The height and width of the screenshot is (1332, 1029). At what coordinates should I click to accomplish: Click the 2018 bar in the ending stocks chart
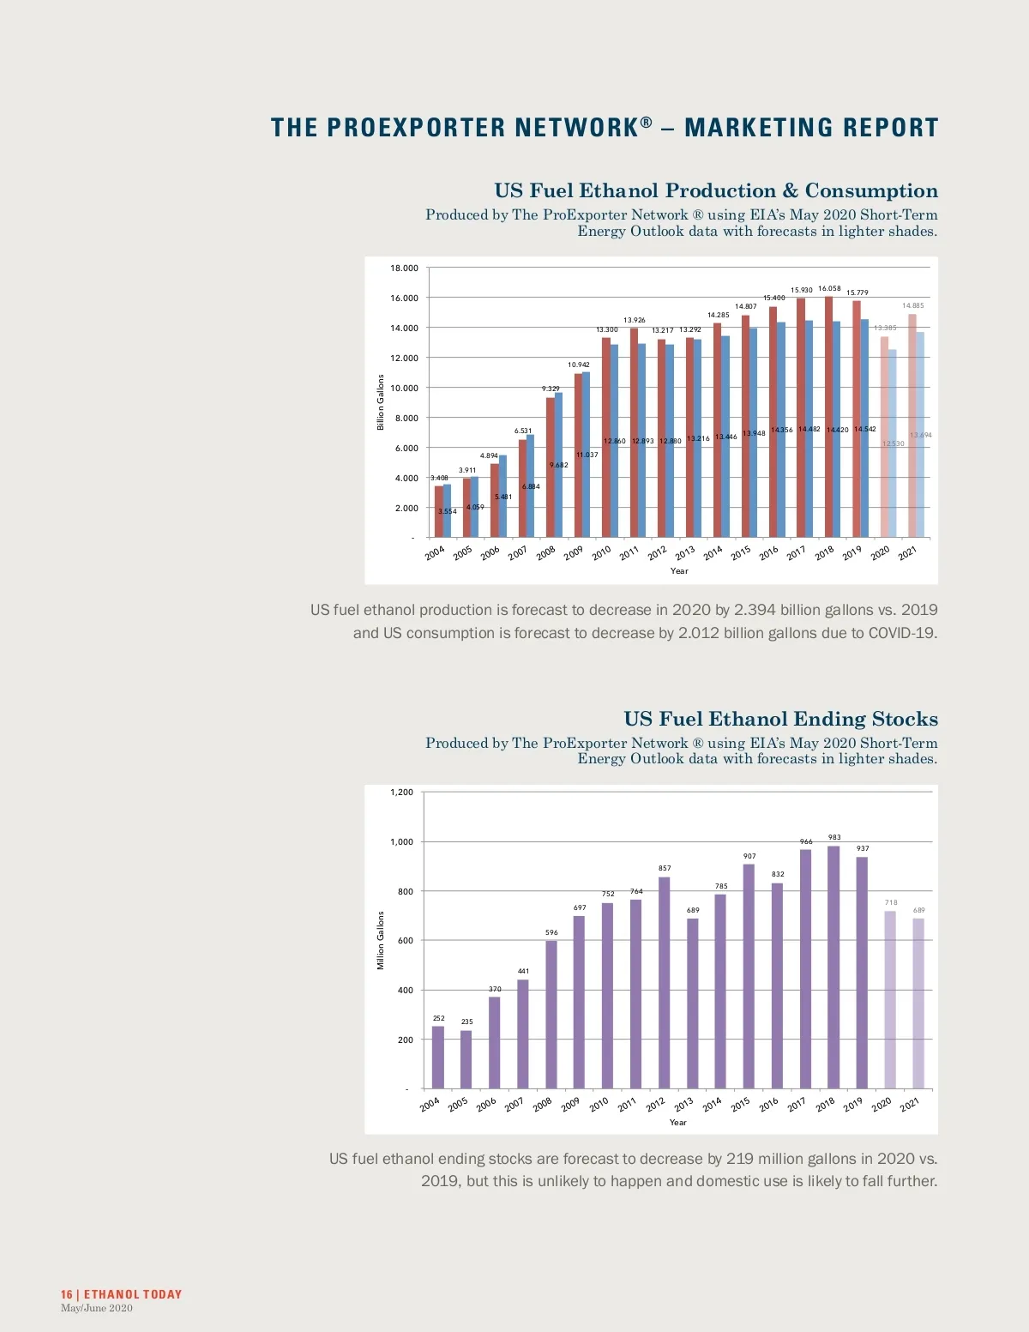(x=833, y=967)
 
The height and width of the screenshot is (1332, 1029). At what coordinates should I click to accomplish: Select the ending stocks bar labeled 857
(x=664, y=982)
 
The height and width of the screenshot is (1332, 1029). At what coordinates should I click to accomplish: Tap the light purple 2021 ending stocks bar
(x=918, y=1004)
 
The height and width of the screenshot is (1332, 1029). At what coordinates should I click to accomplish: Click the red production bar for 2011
(x=634, y=432)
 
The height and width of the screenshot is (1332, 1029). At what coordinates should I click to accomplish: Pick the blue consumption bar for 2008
(x=559, y=465)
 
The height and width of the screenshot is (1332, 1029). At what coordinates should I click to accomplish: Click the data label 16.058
(x=829, y=289)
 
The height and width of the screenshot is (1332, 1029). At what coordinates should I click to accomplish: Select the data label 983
(x=834, y=837)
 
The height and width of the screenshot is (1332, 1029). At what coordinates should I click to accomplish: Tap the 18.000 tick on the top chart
(x=404, y=268)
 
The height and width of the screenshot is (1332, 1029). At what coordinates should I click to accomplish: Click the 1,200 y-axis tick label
(x=401, y=793)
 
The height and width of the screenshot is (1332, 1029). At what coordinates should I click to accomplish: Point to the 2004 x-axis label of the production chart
(x=435, y=553)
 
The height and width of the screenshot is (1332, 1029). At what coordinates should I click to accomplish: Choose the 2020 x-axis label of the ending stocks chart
(x=882, y=1105)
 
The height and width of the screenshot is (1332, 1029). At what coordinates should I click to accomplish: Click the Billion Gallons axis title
(x=381, y=402)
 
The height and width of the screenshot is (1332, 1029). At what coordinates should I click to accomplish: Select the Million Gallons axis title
(x=381, y=941)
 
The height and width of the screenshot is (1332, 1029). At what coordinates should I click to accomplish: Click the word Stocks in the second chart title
(x=905, y=719)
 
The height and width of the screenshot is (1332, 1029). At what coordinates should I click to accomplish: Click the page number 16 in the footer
(x=66, y=1294)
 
